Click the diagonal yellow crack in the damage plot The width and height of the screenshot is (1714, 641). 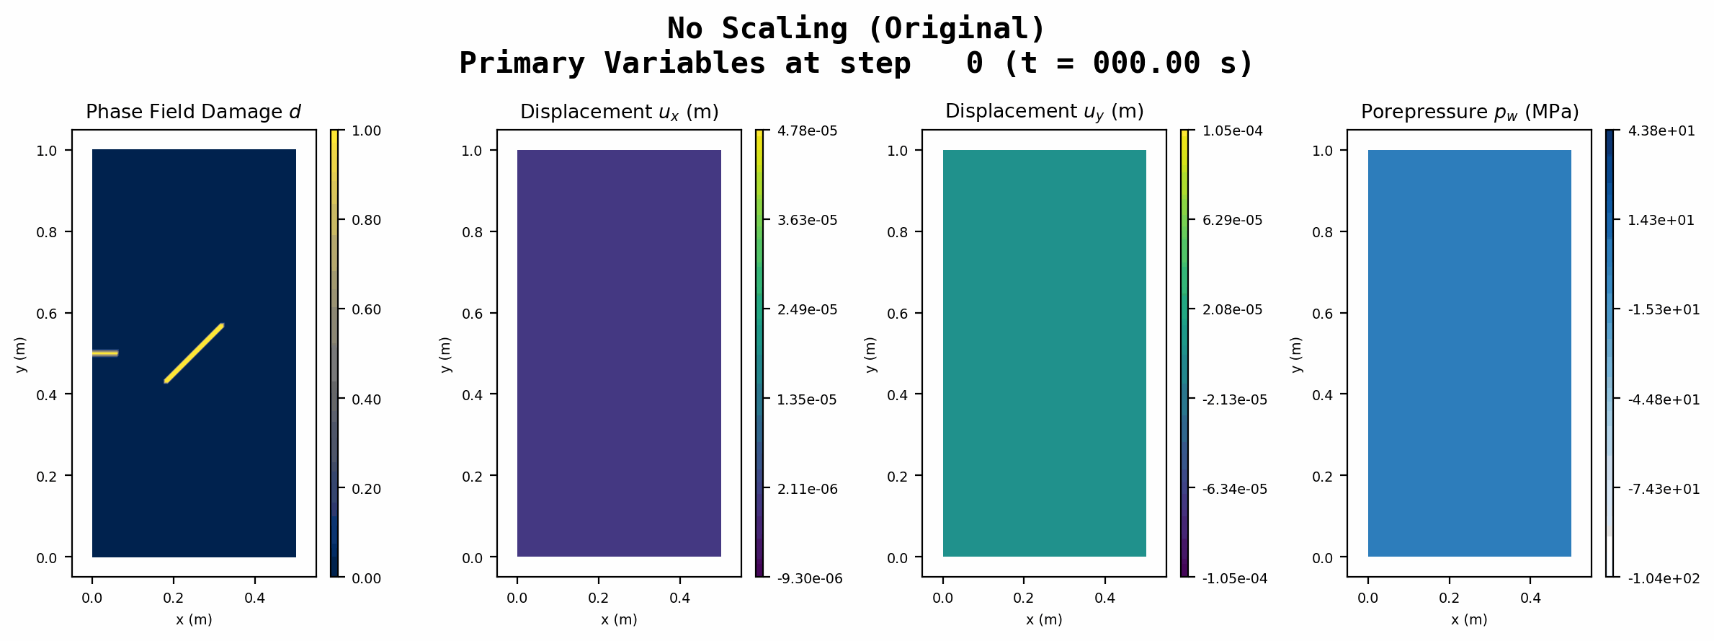(195, 353)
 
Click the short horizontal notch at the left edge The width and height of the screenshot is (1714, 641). (105, 353)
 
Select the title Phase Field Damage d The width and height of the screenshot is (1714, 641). (193, 112)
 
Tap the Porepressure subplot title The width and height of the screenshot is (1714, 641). (1470, 112)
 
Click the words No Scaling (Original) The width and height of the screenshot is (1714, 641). (856, 29)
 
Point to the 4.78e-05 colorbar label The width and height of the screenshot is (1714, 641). (808, 131)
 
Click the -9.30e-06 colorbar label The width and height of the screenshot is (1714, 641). (810, 578)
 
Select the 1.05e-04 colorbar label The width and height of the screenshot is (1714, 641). (1233, 131)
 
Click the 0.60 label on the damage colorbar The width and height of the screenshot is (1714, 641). (366, 310)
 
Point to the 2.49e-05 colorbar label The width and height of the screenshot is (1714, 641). (808, 310)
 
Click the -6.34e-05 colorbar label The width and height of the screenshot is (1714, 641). (1235, 489)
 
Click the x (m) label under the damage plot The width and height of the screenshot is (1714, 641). (194, 619)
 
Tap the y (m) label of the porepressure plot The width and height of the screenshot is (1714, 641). (1296, 354)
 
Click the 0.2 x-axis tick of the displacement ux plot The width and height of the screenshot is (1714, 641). (599, 598)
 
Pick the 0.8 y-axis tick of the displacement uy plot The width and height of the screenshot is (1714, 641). (898, 232)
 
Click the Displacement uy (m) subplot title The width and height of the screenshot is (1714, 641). (1044, 112)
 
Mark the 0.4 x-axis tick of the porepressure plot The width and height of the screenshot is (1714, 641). (1530, 598)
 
